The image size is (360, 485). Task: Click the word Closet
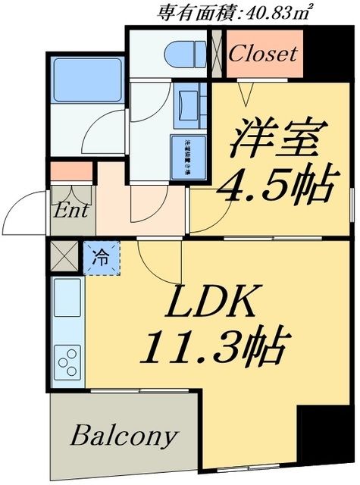(x=263, y=55)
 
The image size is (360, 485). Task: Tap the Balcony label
(x=124, y=437)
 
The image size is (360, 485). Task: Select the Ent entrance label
(x=71, y=210)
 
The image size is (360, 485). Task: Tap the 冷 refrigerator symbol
(x=100, y=257)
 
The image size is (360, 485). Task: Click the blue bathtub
(x=86, y=82)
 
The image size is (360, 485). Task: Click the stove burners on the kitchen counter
(x=68, y=361)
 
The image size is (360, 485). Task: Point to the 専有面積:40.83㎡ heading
(x=235, y=11)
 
